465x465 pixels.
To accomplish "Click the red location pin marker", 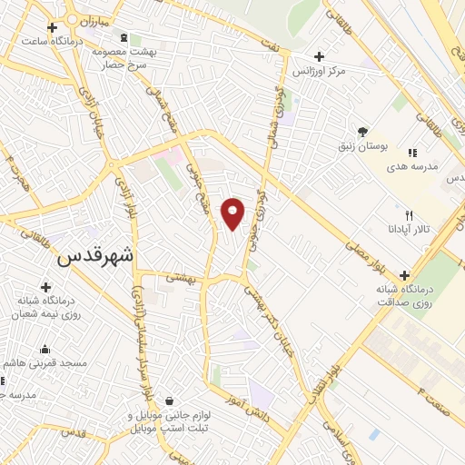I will [x=233, y=213].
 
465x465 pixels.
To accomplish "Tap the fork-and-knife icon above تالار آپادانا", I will [x=409, y=215].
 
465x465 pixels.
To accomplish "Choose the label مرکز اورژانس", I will [x=317, y=71].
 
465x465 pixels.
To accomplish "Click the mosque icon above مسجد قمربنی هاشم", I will [x=45, y=349].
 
